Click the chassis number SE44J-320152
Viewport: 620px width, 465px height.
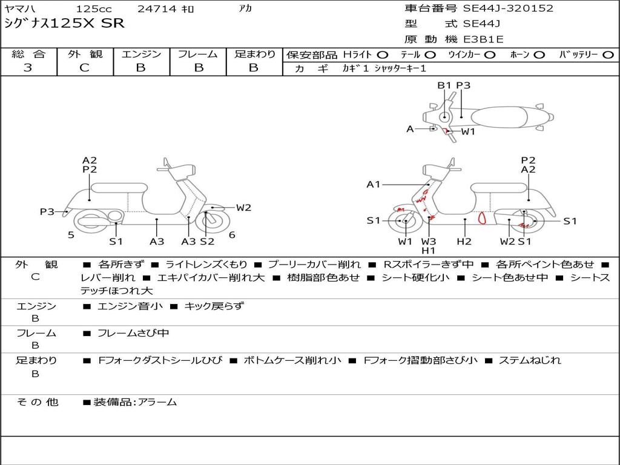[x=508, y=8]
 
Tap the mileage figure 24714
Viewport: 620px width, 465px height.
[x=157, y=8]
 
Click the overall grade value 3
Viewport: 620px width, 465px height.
[x=28, y=68]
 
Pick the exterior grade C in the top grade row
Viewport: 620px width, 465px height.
[x=84, y=68]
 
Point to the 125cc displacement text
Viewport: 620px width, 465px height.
[x=94, y=8]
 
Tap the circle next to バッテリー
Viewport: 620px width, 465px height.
[x=608, y=55]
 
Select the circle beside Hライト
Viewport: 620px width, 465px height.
[x=383, y=55]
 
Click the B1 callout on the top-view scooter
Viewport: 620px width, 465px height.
[x=444, y=85]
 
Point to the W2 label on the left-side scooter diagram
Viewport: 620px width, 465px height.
[x=243, y=208]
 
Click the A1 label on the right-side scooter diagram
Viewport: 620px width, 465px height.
[x=373, y=184]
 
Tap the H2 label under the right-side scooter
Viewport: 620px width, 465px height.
[x=464, y=241]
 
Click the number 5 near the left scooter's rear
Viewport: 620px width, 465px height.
[x=71, y=235]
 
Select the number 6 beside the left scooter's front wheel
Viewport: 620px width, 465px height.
[x=232, y=235]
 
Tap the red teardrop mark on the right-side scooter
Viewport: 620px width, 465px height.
[x=482, y=218]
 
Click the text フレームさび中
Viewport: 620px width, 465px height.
[x=133, y=334]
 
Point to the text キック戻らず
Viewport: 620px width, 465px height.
[x=214, y=306]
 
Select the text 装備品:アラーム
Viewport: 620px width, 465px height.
[x=135, y=402]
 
